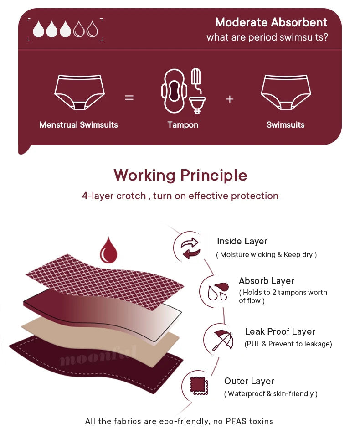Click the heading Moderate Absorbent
point(271,22)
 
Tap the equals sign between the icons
point(129,97)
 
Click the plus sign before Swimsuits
point(230,99)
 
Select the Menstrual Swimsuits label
point(78,124)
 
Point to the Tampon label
point(183,124)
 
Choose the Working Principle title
point(180,175)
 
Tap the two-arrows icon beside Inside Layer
point(190,248)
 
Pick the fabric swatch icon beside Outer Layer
point(198,387)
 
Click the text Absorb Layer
point(266,281)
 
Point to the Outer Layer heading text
point(249,381)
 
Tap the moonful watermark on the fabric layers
point(98,356)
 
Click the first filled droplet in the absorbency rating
point(39,29)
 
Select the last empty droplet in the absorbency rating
point(93,29)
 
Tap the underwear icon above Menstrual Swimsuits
point(80,92)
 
